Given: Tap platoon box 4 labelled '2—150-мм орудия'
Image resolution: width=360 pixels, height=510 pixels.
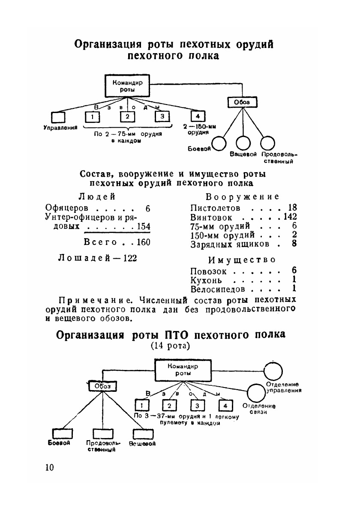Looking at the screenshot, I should coord(197,116).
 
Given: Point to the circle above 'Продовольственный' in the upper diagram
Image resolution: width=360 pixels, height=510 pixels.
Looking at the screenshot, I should coord(268,143).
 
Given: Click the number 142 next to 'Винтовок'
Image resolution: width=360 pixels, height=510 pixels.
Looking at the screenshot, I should coord(290,218).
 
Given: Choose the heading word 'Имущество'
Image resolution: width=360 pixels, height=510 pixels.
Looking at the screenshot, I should coord(241,260).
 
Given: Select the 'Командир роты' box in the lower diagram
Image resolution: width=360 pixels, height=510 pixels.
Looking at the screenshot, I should coord(183,370).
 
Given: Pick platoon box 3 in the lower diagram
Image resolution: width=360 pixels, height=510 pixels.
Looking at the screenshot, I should coord(197,406).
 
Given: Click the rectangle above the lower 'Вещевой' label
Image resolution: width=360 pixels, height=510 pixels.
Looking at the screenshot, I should coord(142,434).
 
